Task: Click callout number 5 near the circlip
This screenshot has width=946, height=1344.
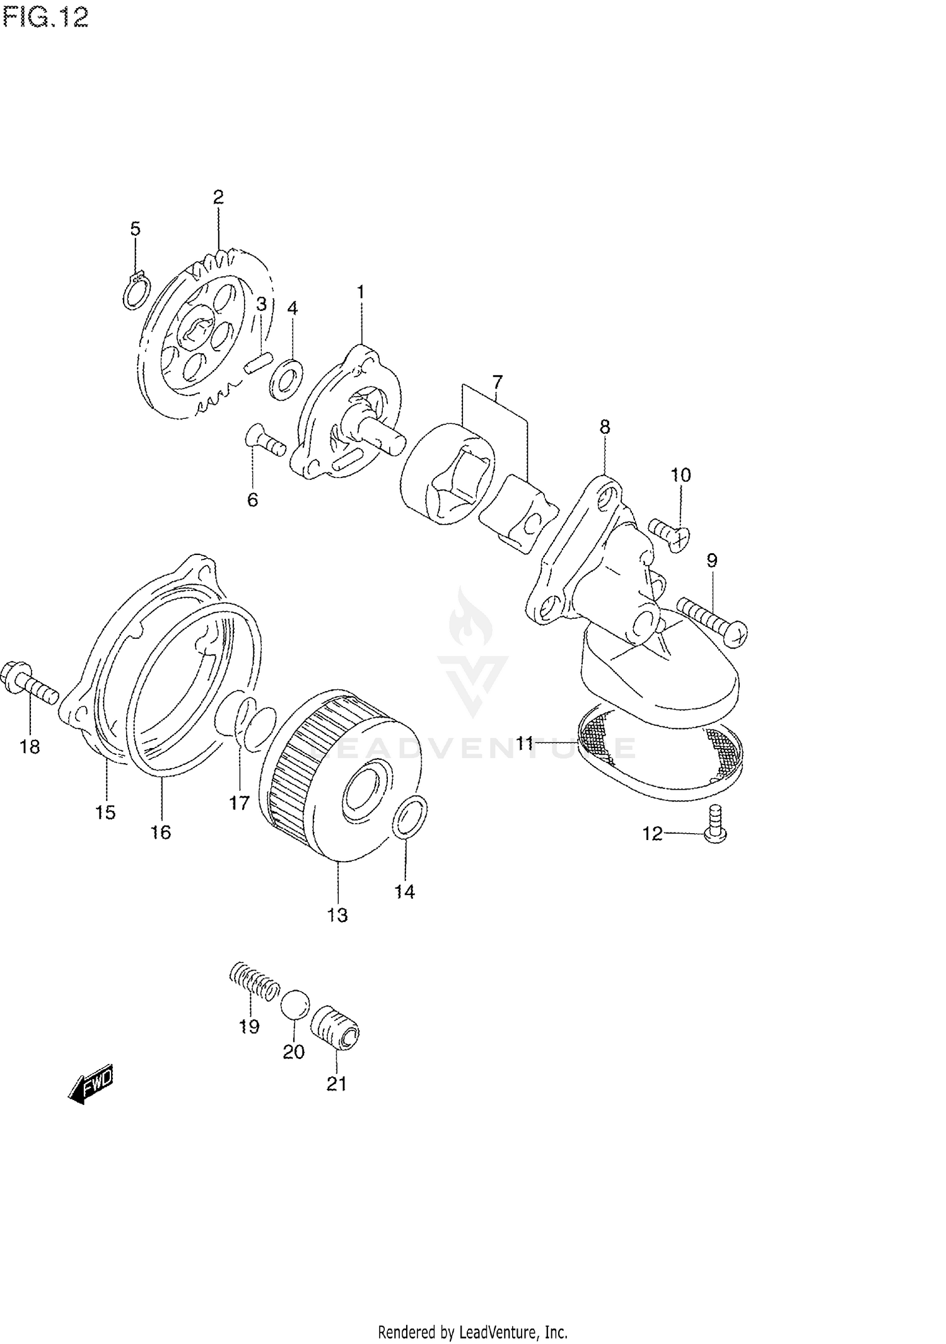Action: (136, 228)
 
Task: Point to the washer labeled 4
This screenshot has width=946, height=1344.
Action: (286, 380)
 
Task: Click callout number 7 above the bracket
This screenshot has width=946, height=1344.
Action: (497, 382)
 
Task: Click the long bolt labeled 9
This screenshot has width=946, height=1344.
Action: (713, 621)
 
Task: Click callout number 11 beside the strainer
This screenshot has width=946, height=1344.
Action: (525, 744)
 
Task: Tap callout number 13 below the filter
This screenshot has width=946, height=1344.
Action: (337, 915)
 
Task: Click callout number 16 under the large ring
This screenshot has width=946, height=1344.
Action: (161, 832)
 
